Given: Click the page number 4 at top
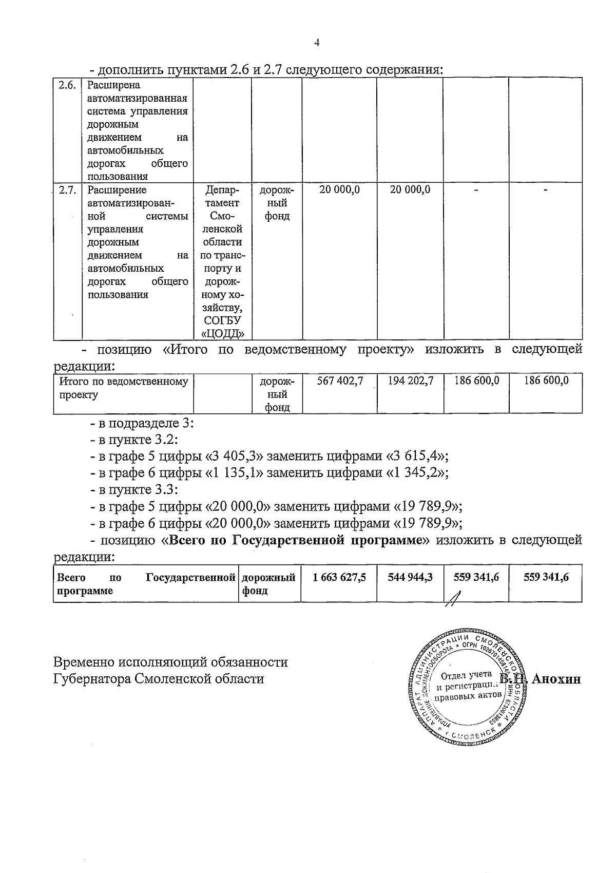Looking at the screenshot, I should coord(317,43).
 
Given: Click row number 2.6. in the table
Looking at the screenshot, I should coord(67,86).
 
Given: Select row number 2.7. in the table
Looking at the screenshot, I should coord(67,190).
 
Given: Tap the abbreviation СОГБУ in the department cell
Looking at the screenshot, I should coord(222,321).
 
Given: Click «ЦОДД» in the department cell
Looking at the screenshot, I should coord(222,334).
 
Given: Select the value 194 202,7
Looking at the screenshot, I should coord(410,381).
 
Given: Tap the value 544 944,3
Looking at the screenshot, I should coord(410,578).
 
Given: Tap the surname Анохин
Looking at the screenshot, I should coord(556,679).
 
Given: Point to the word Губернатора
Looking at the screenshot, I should coord(92,679).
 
